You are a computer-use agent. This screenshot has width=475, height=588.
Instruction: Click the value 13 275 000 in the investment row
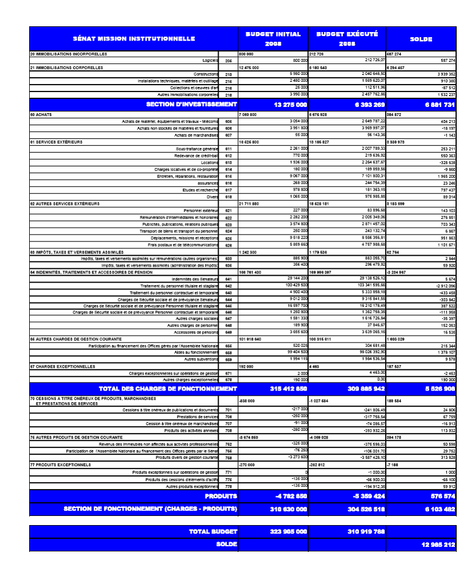[x=290, y=105]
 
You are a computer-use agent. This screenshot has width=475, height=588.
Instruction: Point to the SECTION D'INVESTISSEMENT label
[x=192, y=105]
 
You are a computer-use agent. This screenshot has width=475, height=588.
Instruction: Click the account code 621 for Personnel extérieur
[x=228, y=210]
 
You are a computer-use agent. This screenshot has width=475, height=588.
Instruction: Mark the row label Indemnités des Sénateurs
[x=195, y=279]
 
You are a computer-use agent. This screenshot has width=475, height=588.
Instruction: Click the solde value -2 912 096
[x=444, y=285]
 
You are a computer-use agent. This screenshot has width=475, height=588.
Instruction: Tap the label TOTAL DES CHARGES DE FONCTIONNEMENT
[x=168, y=389]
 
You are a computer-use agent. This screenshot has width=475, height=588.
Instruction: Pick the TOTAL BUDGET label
[x=213, y=532]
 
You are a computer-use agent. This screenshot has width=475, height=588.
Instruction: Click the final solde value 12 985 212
[x=438, y=545]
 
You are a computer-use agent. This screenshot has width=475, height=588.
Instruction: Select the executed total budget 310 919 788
[x=366, y=532]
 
